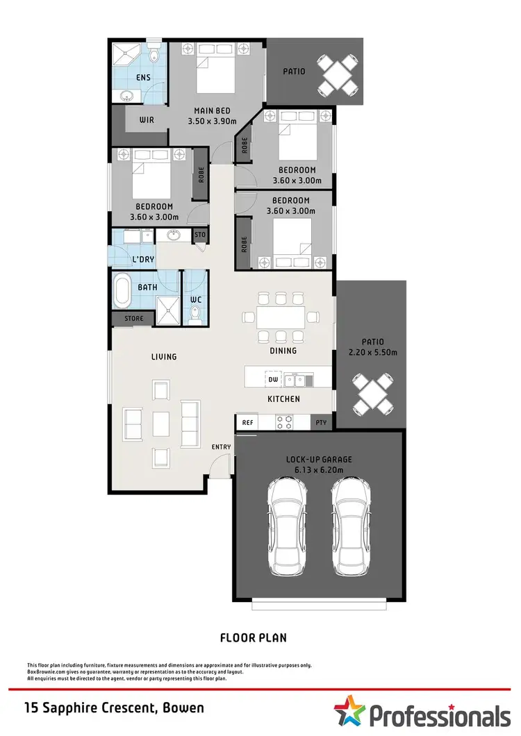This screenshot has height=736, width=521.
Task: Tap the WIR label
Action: pyautogui.click(x=146, y=120)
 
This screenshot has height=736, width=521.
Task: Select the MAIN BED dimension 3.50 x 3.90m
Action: pyautogui.click(x=213, y=121)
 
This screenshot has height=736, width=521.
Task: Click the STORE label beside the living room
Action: pyautogui.click(x=134, y=319)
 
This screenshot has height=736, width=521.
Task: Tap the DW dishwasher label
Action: pyautogui.click(x=272, y=380)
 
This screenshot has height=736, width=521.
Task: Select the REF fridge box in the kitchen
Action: pyautogui.click(x=247, y=422)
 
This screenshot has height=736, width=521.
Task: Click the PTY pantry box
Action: pyautogui.click(x=321, y=422)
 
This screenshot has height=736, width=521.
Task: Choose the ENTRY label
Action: pyautogui.click(x=221, y=446)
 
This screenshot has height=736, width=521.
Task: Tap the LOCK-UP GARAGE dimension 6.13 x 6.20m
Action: pyautogui.click(x=320, y=470)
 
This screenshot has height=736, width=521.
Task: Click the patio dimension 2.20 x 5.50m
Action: pyautogui.click(x=373, y=352)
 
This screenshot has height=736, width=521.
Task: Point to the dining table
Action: pyautogui.click(x=281, y=317)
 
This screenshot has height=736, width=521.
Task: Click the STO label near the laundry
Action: pyautogui.click(x=200, y=235)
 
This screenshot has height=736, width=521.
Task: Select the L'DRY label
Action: pyautogui.click(x=143, y=260)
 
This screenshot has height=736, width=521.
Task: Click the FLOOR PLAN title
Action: pyautogui.click(x=254, y=637)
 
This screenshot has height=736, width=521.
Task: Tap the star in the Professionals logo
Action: pyautogui.click(x=349, y=712)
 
